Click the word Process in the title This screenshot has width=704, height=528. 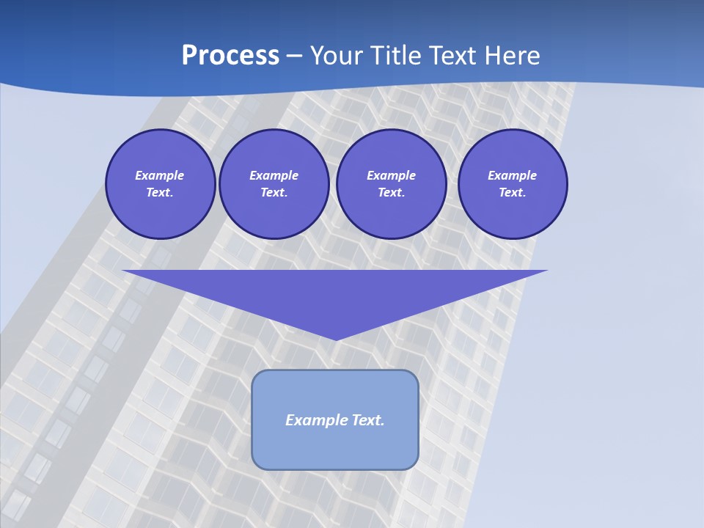coord(230,56)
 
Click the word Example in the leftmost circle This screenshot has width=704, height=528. coord(160,175)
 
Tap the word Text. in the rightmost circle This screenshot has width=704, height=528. coord(513,193)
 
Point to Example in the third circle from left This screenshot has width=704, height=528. coord(391,175)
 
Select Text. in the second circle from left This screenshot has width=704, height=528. coord(274,193)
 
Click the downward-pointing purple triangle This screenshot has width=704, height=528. coord(335,293)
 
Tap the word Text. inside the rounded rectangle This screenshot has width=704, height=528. coord(368,420)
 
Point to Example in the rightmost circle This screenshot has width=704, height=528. coord(513,175)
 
